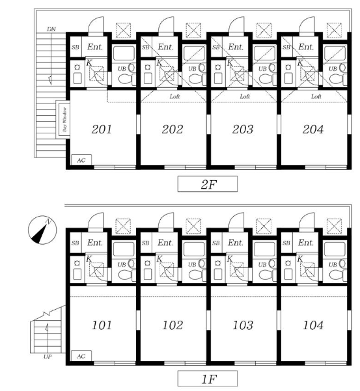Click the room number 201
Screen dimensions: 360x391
tap(102, 129)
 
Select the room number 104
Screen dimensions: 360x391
tap(313, 325)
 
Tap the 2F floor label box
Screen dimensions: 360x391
tap(207, 184)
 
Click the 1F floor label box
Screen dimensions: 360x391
tap(207, 379)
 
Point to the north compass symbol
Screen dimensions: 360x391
tap(42, 230)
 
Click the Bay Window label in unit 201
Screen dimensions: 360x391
tap(64, 120)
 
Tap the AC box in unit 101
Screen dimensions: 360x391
tap(81, 356)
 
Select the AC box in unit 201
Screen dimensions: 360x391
tap(81, 160)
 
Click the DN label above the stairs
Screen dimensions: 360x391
tap(51, 29)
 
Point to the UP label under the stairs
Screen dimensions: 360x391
tap(48, 357)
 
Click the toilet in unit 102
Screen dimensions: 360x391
tap(197, 275)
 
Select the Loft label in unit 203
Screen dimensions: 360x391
tap(245, 96)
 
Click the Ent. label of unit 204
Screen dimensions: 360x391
tap(306, 47)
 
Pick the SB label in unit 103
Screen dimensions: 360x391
tap(216, 243)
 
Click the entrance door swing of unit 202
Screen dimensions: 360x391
tap(166, 25)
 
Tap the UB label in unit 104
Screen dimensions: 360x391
tap(333, 264)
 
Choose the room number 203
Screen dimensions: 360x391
tap(242, 129)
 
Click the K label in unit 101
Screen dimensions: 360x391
tap(89, 259)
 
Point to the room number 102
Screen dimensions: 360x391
tap(173, 325)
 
